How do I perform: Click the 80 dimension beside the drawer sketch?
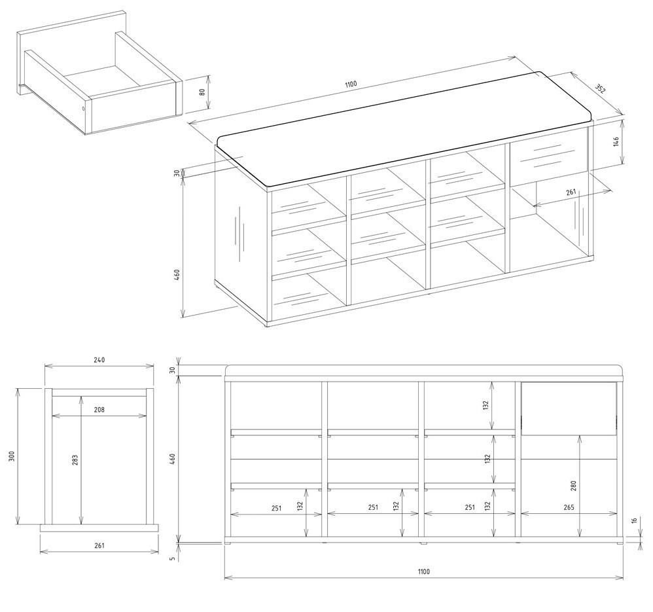(202, 92)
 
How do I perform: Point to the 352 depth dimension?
(600, 89)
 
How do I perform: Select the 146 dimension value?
(616, 141)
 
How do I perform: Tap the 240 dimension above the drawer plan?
(99, 359)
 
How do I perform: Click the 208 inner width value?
(99, 410)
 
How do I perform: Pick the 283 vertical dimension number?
(75, 460)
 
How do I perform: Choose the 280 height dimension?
(573, 486)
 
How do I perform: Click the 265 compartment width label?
(569, 507)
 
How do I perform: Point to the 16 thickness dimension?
(634, 520)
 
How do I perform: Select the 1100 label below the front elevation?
(423, 571)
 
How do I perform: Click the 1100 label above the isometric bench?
(351, 84)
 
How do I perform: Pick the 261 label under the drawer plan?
(99, 545)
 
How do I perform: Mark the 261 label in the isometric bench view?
(571, 192)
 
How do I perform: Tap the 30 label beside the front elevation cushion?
(173, 370)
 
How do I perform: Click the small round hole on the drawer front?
(83, 109)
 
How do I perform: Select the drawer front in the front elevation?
(569, 408)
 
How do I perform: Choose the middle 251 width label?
(373, 507)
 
